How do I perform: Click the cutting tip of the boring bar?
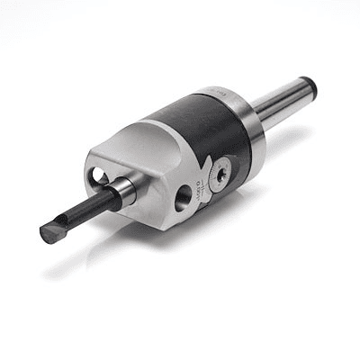point(48,235)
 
